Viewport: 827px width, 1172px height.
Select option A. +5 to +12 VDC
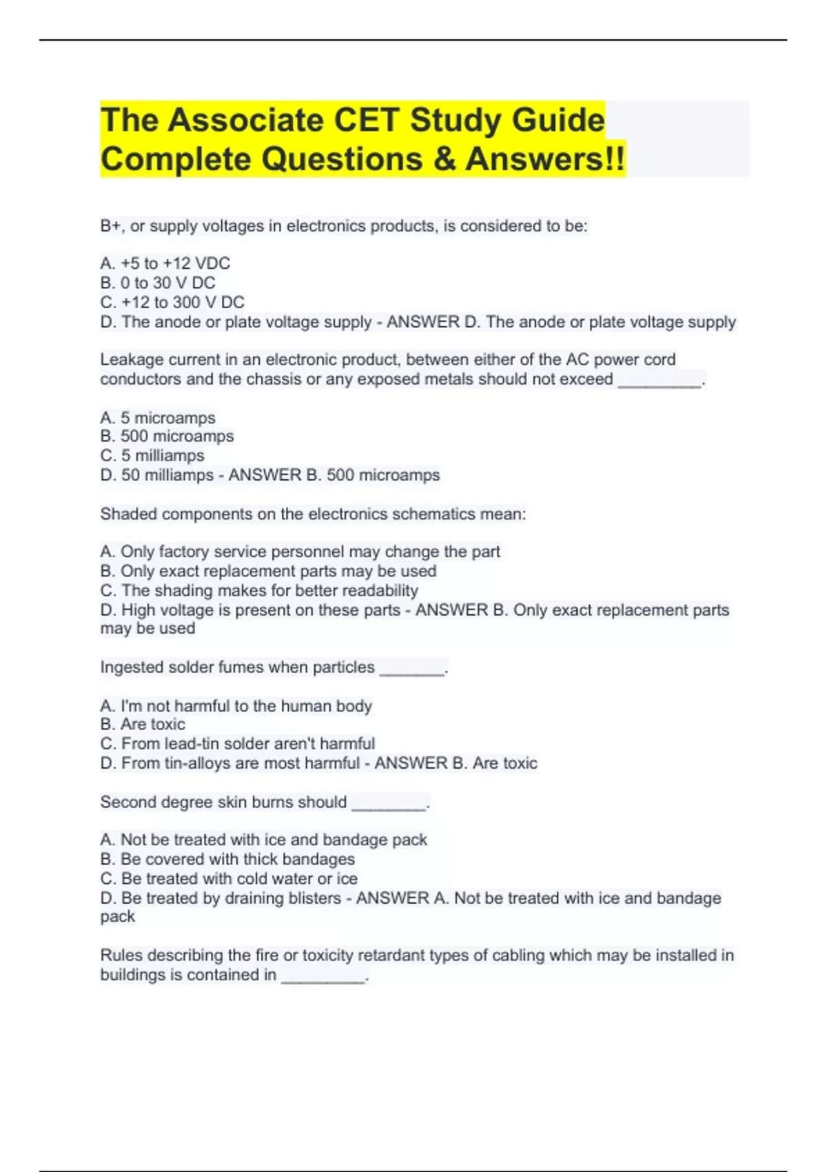165,263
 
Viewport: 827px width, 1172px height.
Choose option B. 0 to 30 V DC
158,283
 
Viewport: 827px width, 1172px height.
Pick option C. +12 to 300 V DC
172,302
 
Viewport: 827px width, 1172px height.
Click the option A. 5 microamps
158,418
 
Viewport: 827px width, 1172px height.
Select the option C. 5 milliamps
152,456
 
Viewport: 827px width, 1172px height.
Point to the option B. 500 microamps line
167,436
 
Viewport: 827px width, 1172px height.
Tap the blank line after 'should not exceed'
659,381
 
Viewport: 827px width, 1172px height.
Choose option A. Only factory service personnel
300,552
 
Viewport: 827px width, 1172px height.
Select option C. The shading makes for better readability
259,591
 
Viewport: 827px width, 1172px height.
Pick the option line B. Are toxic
143,725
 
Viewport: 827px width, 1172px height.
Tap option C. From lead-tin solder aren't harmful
238,744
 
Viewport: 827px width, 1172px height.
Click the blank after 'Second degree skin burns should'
389,804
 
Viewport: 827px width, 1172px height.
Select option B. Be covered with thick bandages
227,859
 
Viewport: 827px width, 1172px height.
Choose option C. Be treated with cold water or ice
229,879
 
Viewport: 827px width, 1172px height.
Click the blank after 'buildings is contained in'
323,977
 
